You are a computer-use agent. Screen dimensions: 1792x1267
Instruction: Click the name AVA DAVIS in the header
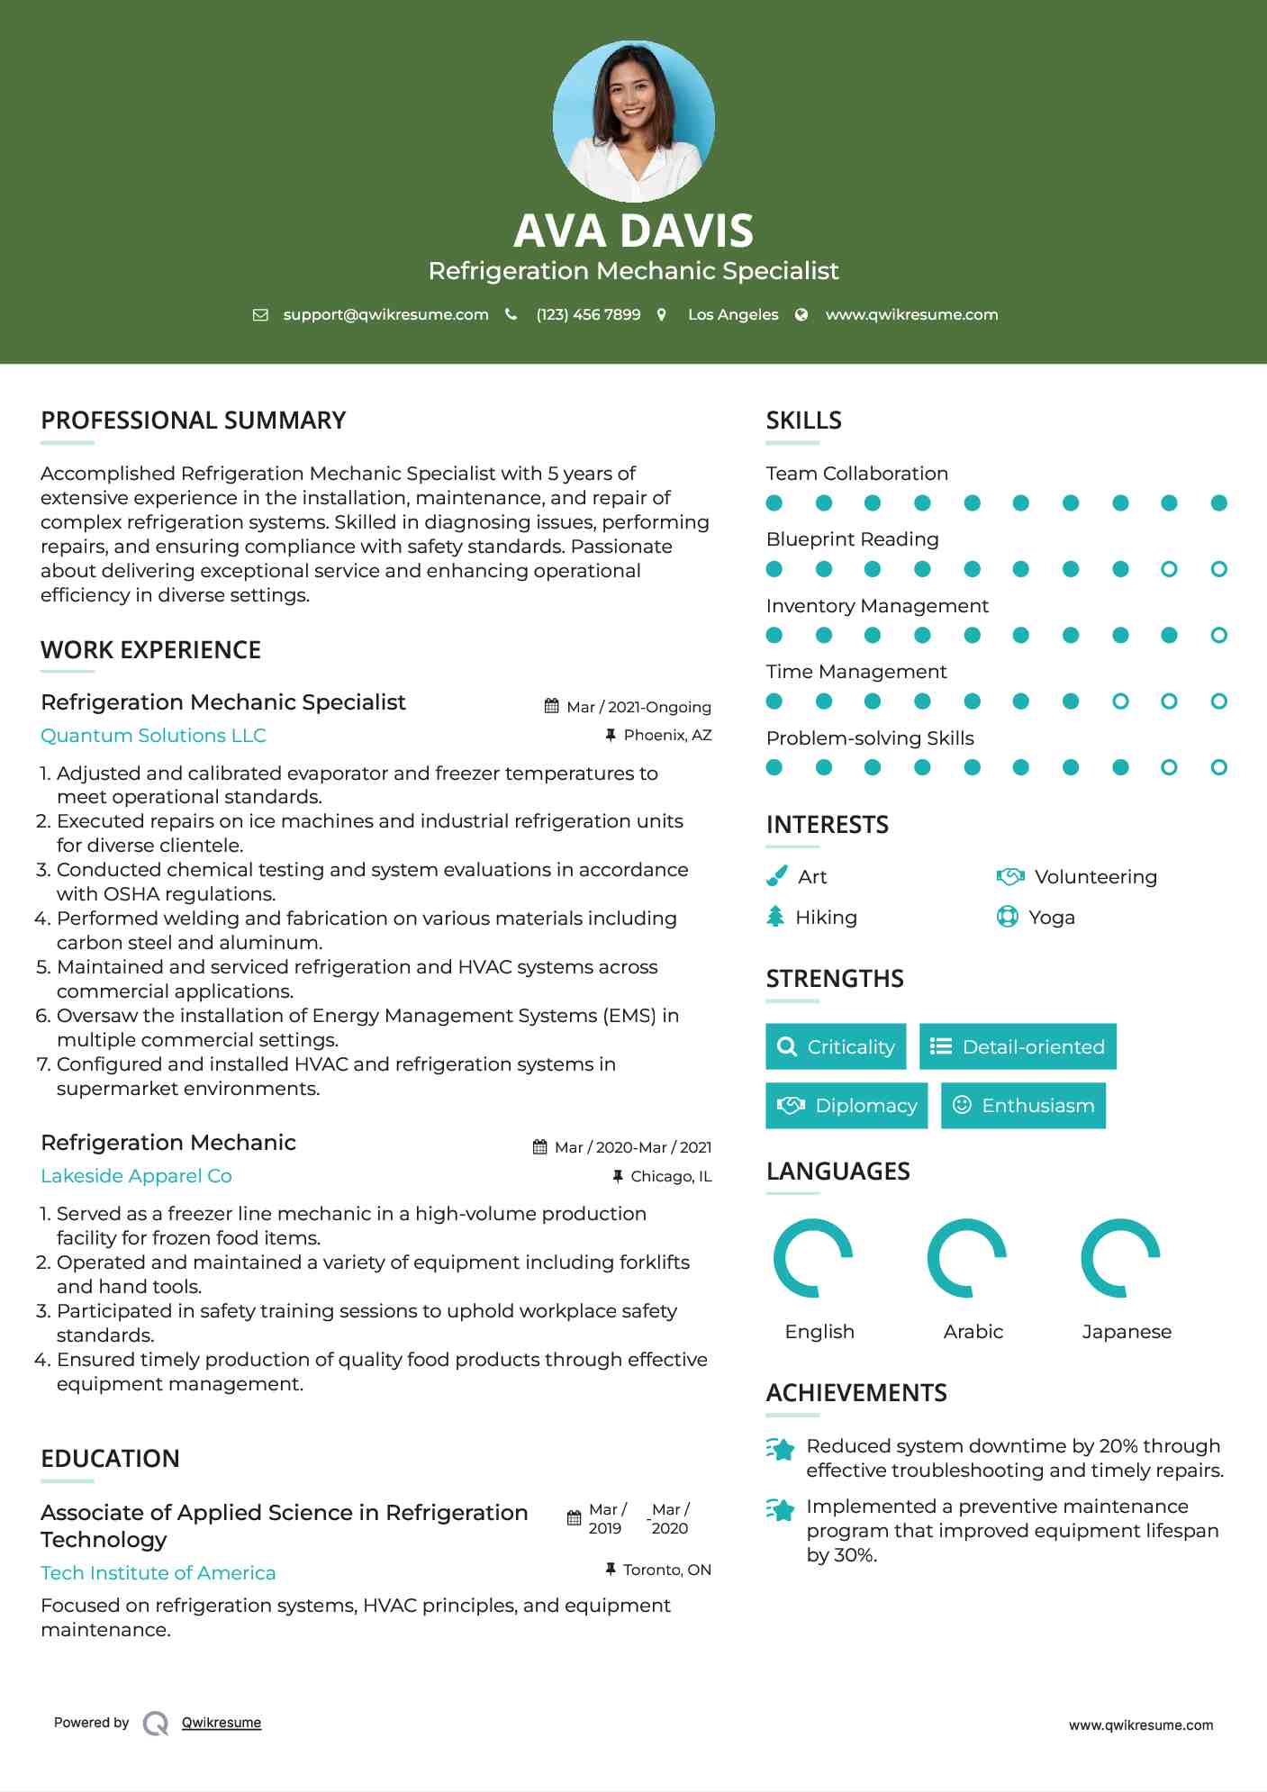pyautogui.click(x=633, y=231)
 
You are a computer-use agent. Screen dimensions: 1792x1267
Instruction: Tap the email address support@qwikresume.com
pyautogui.click(x=385, y=314)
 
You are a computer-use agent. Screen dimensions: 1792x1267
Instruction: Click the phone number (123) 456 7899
pyautogui.click(x=588, y=314)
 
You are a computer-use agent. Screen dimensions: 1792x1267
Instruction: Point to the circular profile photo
pyautogui.click(x=633, y=121)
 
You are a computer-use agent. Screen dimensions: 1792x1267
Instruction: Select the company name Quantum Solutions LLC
pyautogui.click(x=153, y=736)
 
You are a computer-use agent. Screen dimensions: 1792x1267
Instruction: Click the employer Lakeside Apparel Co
pyautogui.click(x=136, y=1176)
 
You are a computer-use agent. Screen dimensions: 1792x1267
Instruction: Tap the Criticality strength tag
pyautogui.click(x=836, y=1046)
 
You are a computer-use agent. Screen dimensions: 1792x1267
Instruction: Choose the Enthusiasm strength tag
pyautogui.click(x=1023, y=1106)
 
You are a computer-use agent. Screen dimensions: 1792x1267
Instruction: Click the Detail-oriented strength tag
pyautogui.click(x=1018, y=1046)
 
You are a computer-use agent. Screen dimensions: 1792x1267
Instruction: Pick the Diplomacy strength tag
pyautogui.click(x=846, y=1106)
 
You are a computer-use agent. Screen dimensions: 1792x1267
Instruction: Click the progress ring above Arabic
pyautogui.click(x=966, y=1258)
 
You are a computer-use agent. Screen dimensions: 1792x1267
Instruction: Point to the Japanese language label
pyautogui.click(x=1126, y=1332)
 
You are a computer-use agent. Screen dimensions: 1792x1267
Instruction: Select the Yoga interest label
pyautogui.click(x=1051, y=918)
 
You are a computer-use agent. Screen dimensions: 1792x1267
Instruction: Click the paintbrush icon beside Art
pyautogui.click(x=776, y=876)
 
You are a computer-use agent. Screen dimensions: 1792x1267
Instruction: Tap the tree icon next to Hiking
pyautogui.click(x=775, y=917)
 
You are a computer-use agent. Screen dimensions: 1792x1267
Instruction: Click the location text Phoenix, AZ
pyautogui.click(x=667, y=736)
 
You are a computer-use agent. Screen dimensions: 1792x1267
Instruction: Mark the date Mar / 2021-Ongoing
pyautogui.click(x=638, y=708)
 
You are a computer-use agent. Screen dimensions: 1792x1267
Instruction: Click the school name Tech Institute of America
pyautogui.click(x=158, y=1573)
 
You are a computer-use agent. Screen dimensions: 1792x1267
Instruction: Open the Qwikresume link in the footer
pyautogui.click(x=222, y=1723)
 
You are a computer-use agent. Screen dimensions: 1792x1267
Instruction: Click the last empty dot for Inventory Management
pyautogui.click(x=1218, y=636)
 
